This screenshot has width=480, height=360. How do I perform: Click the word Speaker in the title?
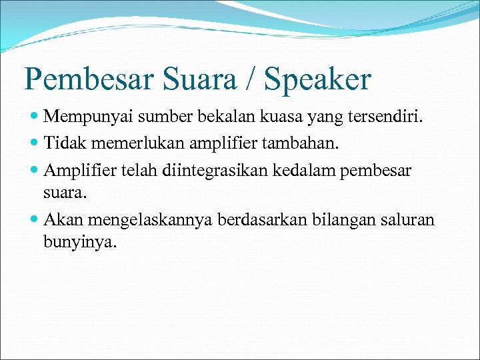(317, 79)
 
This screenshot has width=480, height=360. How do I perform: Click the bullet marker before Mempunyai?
(34, 118)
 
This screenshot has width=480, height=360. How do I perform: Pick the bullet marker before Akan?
(34, 221)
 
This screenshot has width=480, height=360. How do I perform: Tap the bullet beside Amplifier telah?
(34, 170)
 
